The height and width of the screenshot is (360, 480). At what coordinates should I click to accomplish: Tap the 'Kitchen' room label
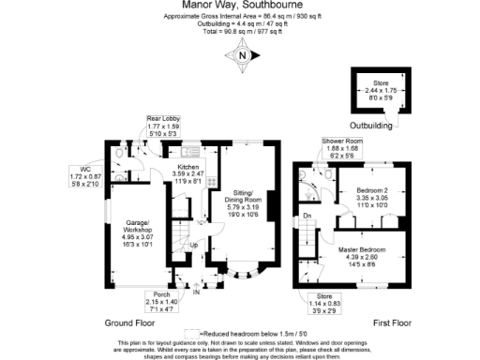click(183, 173)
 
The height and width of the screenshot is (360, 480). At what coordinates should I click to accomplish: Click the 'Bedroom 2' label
click(373, 199)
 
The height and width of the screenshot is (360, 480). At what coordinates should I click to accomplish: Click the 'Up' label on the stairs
click(193, 246)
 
